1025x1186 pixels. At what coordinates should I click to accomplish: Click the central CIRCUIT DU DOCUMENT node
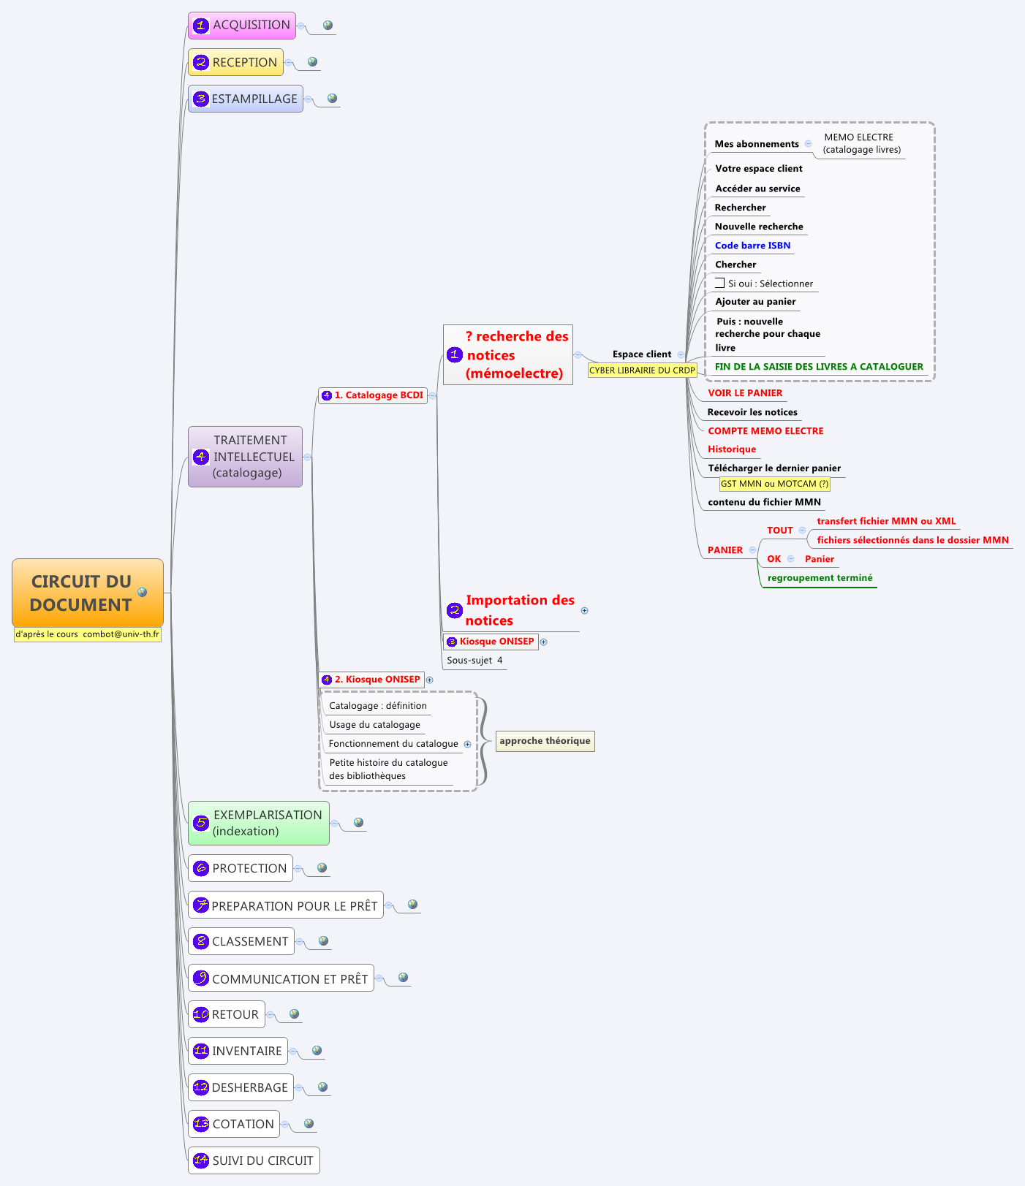point(82,593)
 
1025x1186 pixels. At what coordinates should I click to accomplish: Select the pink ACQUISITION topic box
point(242,25)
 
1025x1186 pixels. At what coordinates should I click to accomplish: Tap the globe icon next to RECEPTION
point(312,62)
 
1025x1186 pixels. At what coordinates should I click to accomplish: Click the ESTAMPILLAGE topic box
point(246,99)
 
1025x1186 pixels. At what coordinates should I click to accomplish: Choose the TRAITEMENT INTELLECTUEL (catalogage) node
point(246,457)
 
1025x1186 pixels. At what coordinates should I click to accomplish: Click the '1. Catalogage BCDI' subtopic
point(374,395)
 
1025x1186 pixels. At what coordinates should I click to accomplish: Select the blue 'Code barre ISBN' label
point(752,246)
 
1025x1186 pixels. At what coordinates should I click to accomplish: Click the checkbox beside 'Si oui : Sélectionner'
point(719,283)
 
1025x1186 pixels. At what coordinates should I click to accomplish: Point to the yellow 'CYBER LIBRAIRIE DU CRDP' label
point(642,370)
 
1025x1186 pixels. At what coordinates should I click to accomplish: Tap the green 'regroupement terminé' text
point(820,578)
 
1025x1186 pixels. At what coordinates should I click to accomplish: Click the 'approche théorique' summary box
point(545,741)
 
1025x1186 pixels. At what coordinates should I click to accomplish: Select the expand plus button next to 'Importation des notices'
point(584,610)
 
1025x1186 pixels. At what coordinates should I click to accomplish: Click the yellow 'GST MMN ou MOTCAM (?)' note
point(774,484)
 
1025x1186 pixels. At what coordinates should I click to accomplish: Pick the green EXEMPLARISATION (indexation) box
point(259,823)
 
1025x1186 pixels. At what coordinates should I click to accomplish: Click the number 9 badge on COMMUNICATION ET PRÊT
point(201,978)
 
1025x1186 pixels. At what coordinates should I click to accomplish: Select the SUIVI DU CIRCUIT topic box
point(254,1160)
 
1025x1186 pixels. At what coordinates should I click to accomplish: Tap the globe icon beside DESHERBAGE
point(322,1087)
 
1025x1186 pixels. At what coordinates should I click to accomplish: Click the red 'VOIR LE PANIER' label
point(745,393)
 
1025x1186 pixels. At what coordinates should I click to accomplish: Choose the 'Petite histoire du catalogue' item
point(388,769)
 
